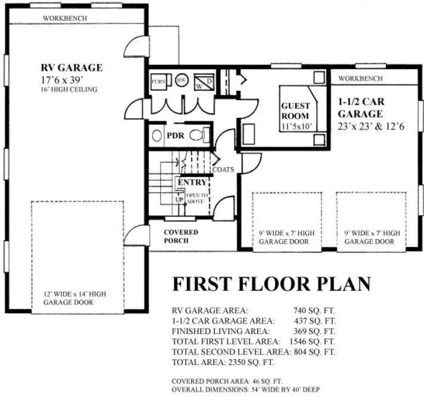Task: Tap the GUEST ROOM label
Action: pos(296,112)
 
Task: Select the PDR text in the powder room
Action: pos(174,135)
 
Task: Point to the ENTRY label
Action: pos(192,182)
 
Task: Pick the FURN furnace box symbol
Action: pos(158,81)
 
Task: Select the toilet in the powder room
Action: pos(199,135)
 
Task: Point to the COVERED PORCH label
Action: pos(181,236)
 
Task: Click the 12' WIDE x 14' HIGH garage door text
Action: pos(75,298)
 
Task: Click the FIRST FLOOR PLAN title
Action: pos(271,284)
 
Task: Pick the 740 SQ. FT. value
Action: pos(314,310)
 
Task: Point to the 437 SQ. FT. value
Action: pos(314,320)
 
